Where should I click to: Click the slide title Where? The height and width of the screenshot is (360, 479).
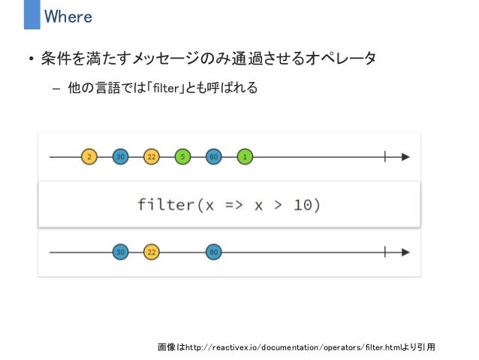pos(68,16)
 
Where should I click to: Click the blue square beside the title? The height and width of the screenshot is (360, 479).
pos(32,15)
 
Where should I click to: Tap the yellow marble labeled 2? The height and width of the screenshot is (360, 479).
pos(89,157)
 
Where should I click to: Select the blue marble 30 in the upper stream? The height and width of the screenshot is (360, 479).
pos(120,157)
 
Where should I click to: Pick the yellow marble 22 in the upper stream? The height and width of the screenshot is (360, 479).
pos(151,157)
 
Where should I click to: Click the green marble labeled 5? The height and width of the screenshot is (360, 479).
pos(182,157)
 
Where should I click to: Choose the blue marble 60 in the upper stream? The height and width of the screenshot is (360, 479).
pos(213,157)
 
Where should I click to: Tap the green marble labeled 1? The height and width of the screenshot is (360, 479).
pos(245,157)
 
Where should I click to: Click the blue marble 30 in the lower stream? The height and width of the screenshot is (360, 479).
pos(120,252)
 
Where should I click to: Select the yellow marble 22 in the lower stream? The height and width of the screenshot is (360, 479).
pos(151,252)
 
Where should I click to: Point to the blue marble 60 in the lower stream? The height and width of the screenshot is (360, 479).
pos(213,252)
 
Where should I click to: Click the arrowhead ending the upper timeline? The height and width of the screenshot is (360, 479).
pos(405,157)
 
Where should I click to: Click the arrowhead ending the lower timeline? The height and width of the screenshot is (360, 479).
pos(405,252)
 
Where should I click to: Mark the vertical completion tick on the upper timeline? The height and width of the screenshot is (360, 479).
pos(384,157)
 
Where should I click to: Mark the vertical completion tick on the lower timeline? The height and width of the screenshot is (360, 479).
pos(384,252)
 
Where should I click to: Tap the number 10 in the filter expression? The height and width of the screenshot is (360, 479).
pos(304,204)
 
